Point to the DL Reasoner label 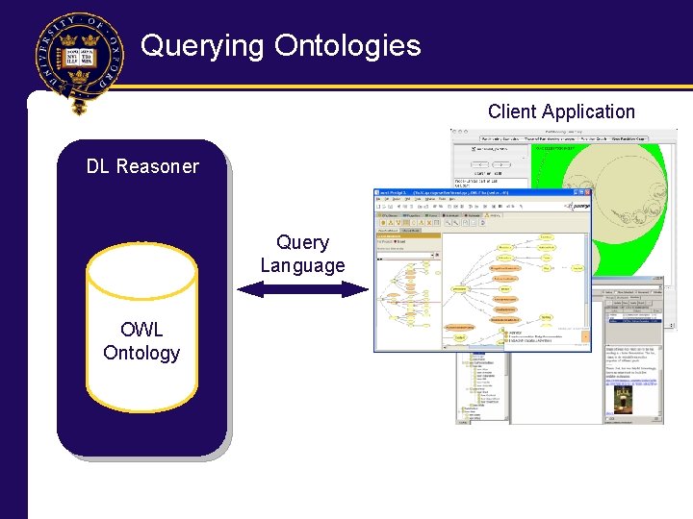click(x=142, y=166)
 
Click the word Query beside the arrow click(x=302, y=243)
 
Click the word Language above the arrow click(x=302, y=265)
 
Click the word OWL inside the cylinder click(x=141, y=330)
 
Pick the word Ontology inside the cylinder click(x=141, y=353)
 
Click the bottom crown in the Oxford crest click(x=80, y=78)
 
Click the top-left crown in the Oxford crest click(x=68, y=39)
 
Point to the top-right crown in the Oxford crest click(x=91, y=39)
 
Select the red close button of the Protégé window click(x=586, y=194)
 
